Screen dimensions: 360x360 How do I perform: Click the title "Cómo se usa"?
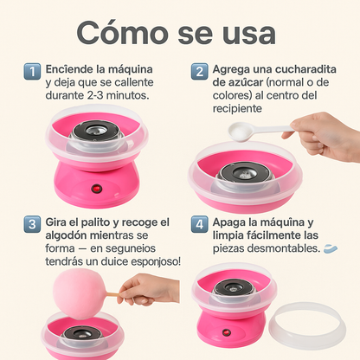point(176,33)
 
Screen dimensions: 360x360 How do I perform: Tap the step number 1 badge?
point(31,72)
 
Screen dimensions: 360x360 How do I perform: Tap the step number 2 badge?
point(199,72)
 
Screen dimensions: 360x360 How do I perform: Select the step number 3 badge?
point(31,225)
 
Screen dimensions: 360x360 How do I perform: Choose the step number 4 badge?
point(199,225)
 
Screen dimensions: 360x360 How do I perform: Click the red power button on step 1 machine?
point(96,189)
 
